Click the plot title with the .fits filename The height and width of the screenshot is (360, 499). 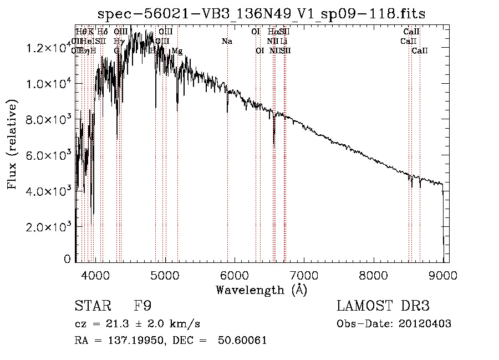point(261,14)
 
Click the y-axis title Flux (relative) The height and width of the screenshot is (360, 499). point(12,145)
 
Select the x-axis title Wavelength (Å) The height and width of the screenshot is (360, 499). point(261,290)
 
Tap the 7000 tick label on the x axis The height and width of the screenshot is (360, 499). point(304,275)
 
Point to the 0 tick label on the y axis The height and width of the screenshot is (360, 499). point(67,259)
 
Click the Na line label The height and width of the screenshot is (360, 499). point(227,42)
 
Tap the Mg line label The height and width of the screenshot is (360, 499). point(177,51)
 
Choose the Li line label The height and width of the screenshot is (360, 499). point(284,42)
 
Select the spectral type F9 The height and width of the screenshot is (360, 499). point(142,306)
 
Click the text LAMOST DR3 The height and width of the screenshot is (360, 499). point(383,306)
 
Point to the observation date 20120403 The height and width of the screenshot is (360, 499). point(425,324)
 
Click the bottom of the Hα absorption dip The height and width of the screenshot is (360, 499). point(274,144)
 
